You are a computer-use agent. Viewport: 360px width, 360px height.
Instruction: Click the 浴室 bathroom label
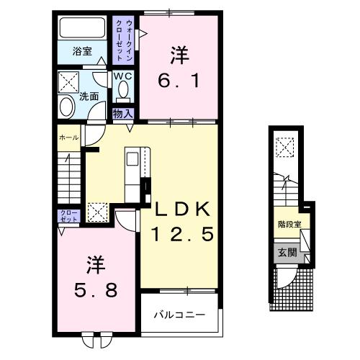click(x=81, y=51)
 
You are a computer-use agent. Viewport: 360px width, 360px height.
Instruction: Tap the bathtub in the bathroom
click(x=82, y=30)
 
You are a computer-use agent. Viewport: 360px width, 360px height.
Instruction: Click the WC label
click(x=121, y=76)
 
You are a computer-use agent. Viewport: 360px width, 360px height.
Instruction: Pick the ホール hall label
click(x=69, y=136)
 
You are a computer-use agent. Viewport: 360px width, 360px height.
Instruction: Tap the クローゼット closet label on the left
click(x=66, y=217)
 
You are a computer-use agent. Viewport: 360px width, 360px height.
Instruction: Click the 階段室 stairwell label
click(x=289, y=224)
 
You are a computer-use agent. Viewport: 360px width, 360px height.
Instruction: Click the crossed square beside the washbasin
click(x=68, y=80)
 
